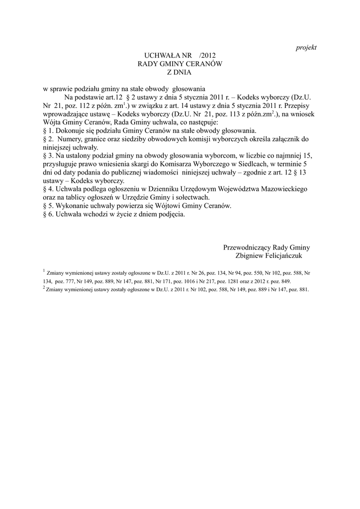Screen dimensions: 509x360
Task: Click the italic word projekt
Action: pos(306,47)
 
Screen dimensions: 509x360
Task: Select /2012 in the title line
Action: pos(205,56)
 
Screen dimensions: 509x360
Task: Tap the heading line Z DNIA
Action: pos(179,72)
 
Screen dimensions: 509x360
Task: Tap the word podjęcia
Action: pos(170,214)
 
